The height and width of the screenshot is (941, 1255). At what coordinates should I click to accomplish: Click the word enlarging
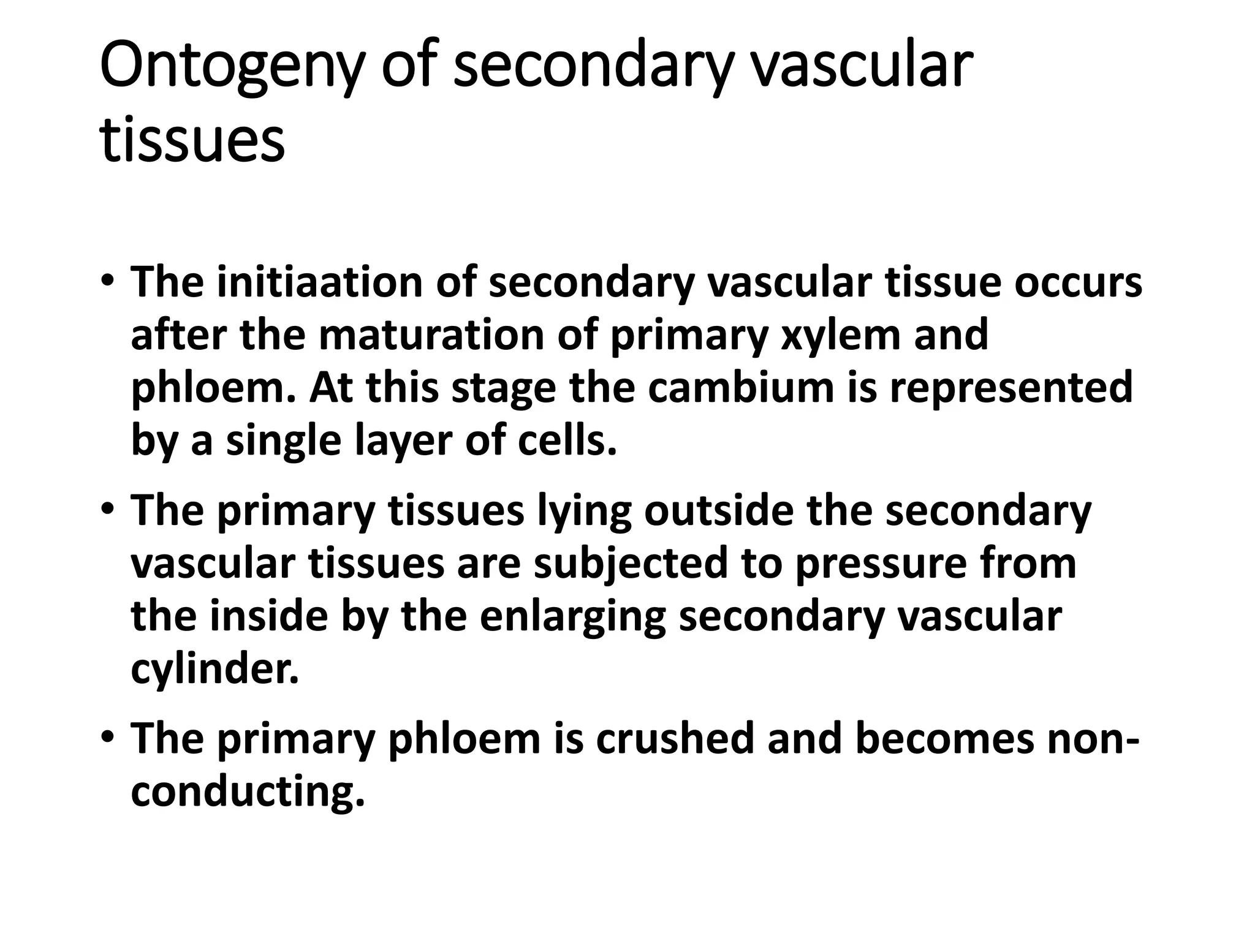(x=572, y=616)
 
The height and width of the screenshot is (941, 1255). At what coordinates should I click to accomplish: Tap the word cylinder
(x=215, y=669)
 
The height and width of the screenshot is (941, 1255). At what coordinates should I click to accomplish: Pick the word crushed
(x=674, y=739)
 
